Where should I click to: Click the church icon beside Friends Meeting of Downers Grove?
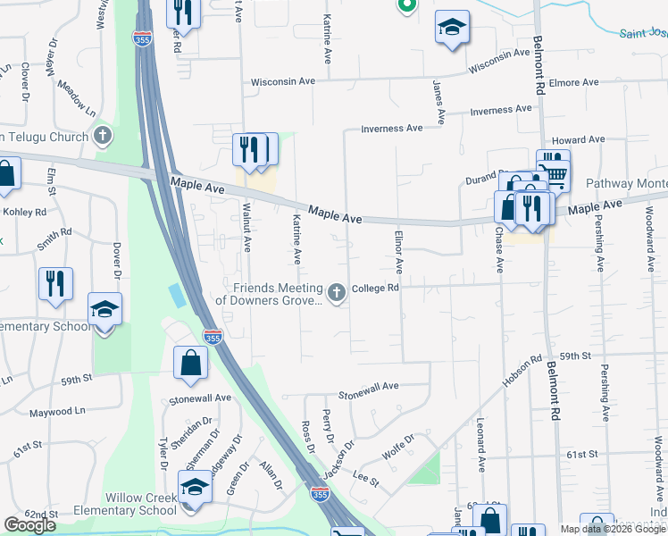point(337,293)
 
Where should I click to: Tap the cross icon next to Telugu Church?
point(104,137)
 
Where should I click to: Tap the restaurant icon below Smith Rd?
point(55,284)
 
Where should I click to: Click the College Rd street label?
point(375,289)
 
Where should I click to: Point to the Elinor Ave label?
point(398,252)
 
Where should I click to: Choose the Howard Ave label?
point(578,140)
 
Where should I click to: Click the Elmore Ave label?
point(573,82)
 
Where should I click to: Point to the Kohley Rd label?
point(28,212)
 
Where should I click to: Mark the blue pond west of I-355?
point(177,296)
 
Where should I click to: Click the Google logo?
point(29,525)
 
